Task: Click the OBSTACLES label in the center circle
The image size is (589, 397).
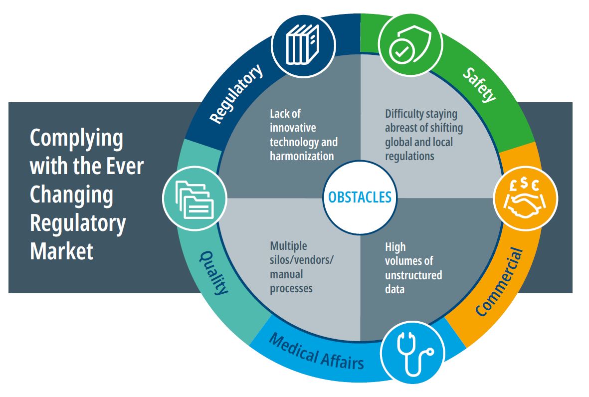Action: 360,197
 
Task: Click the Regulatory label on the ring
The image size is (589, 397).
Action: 236,95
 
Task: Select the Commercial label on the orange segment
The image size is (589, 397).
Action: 500,282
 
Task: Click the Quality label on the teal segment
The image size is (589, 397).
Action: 214,272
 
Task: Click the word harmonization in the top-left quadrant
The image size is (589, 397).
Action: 302,156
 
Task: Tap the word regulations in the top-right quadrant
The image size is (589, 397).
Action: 409,156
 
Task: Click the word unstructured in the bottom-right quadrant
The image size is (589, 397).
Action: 413,275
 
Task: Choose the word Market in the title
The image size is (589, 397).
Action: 62,251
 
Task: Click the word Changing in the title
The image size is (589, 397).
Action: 72,196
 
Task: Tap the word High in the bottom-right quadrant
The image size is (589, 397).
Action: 395,247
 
